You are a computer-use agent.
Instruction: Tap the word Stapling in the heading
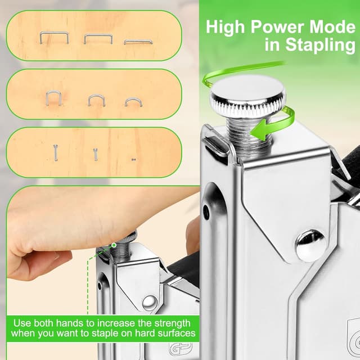click(320, 45)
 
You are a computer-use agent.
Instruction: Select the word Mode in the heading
click(332, 26)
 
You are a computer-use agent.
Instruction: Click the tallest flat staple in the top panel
click(54, 38)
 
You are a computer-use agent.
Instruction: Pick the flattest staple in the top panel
click(138, 42)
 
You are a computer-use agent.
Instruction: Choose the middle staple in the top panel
click(98, 39)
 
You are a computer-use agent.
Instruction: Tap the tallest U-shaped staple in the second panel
click(53, 98)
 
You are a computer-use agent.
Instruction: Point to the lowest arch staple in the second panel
click(133, 102)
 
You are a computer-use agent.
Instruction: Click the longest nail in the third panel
click(55, 152)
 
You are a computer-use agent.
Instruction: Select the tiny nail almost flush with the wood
click(134, 160)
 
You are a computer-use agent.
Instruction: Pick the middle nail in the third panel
click(96, 154)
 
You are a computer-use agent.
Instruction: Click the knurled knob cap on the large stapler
click(248, 96)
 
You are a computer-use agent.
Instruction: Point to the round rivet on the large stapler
click(310, 246)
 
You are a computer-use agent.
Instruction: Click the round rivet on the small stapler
click(150, 303)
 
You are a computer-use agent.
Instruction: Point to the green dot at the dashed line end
click(114, 245)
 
